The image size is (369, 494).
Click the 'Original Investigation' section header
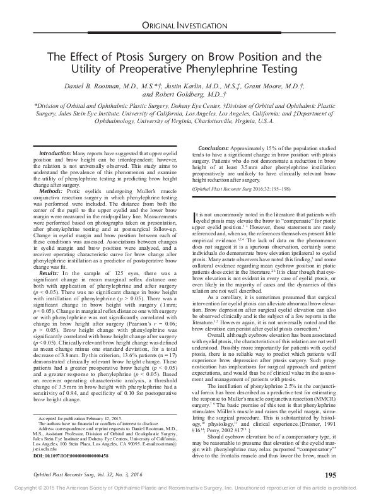(184, 25)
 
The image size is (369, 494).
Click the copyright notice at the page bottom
(184, 488)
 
